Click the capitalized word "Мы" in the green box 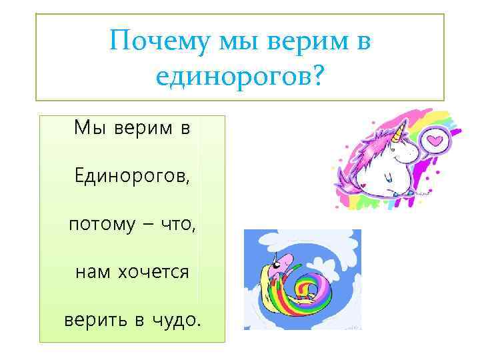(x=89, y=127)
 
